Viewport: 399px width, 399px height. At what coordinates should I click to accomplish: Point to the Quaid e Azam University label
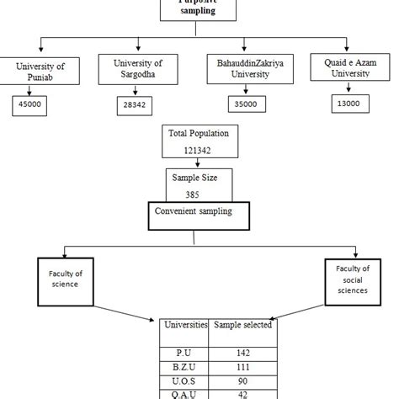coord(348,66)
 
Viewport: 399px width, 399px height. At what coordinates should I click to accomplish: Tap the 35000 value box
coord(245,104)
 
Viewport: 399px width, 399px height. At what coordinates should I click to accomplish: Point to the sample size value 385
coord(194,192)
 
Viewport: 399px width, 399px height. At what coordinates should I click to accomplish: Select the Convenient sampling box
coord(194,211)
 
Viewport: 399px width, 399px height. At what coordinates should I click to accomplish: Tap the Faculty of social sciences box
coord(352,279)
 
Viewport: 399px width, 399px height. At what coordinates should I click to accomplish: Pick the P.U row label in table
coord(184,353)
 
